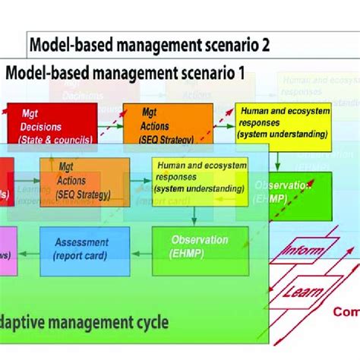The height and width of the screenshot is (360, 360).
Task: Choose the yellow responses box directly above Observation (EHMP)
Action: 191,181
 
